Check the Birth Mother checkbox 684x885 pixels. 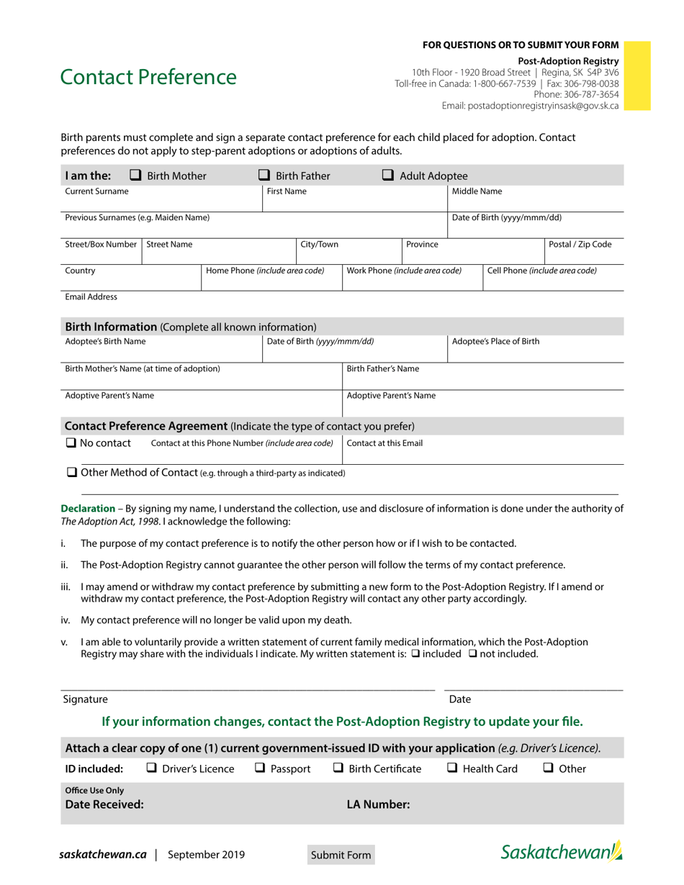[x=135, y=175]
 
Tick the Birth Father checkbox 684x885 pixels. [x=264, y=175]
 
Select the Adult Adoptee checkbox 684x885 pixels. [x=388, y=175]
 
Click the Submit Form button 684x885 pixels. [x=341, y=855]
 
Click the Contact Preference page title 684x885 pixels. [x=148, y=77]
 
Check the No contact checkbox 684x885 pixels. [x=71, y=443]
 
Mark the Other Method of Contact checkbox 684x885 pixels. [x=72, y=473]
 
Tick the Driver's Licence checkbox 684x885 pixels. [x=152, y=768]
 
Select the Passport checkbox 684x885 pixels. [x=261, y=768]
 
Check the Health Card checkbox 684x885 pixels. [x=452, y=768]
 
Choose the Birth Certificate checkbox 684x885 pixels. [x=338, y=768]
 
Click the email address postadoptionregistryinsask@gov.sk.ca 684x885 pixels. [x=530, y=105]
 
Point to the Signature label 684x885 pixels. [x=85, y=699]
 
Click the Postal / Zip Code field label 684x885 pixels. [x=580, y=245]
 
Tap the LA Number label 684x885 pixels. [x=378, y=804]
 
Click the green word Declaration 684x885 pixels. [x=88, y=509]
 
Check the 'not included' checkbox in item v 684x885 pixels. [x=473, y=654]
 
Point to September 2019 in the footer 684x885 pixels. [x=206, y=855]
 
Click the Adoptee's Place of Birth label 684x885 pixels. [x=495, y=342]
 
